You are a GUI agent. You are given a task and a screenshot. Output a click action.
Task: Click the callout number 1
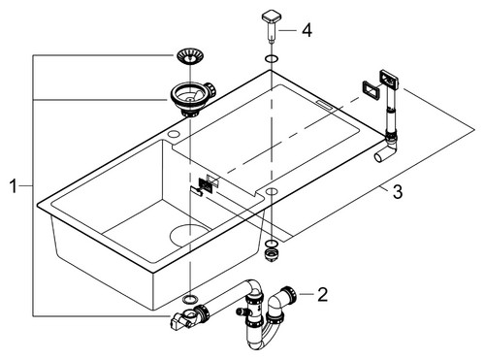[x=13, y=186]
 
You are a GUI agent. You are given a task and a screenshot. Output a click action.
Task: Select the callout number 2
[x=322, y=294]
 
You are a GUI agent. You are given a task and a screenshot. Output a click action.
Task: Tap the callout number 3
[x=398, y=192]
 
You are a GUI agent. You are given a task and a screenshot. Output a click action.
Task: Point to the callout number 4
[x=307, y=30]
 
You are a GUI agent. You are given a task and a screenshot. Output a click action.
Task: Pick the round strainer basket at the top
[x=191, y=55]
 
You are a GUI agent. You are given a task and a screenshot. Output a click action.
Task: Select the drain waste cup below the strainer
[x=192, y=99]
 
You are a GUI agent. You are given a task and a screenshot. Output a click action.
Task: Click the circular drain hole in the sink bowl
[x=189, y=235]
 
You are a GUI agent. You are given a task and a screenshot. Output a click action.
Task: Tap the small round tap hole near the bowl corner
[x=175, y=134]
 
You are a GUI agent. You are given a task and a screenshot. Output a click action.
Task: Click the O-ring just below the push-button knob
[x=271, y=59]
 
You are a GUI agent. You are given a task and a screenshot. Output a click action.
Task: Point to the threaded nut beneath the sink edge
[x=271, y=254]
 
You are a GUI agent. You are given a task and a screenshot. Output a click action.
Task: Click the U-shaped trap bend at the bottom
[x=263, y=333]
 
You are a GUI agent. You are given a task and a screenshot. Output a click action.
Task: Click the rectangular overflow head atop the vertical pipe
[x=389, y=79]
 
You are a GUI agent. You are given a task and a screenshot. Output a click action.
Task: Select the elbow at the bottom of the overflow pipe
[x=386, y=148]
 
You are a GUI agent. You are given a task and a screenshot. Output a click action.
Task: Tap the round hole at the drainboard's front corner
[x=272, y=191]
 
